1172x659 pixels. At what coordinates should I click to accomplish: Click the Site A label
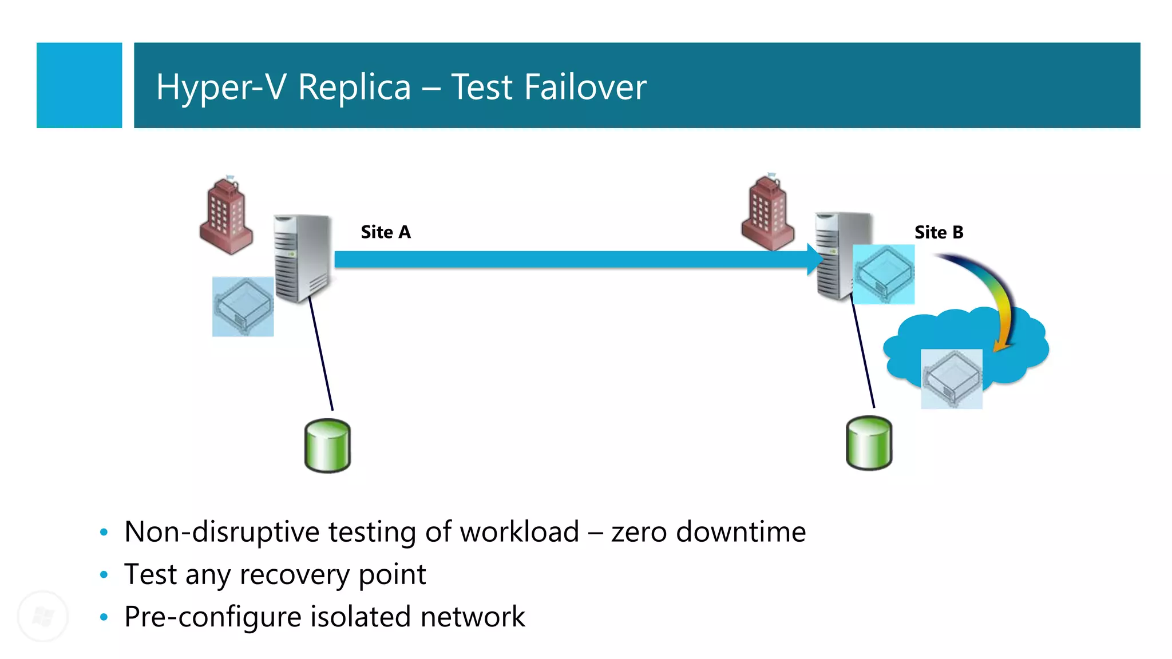point(386,232)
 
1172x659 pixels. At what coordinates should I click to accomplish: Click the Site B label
point(939,232)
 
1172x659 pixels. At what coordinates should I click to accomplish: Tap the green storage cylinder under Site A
point(327,446)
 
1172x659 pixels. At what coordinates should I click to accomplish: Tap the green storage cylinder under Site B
point(869,443)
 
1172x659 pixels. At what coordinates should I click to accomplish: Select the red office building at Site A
point(225,218)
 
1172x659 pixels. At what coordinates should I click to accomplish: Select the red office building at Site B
point(767,215)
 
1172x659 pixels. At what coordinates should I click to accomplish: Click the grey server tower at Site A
point(302,257)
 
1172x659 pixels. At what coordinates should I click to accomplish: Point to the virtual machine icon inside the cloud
point(951,379)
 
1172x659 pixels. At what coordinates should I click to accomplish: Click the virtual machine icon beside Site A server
point(243,307)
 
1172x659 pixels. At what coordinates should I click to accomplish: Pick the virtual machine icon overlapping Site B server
point(884,274)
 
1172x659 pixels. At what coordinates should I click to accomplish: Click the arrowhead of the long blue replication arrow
point(814,259)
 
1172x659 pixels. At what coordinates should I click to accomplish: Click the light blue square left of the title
point(79,85)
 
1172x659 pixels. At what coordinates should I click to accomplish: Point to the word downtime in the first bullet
point(741,532)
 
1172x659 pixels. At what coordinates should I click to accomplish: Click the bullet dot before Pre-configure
point(104,617)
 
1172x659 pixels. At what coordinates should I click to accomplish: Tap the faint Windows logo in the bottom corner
point(43,617)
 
